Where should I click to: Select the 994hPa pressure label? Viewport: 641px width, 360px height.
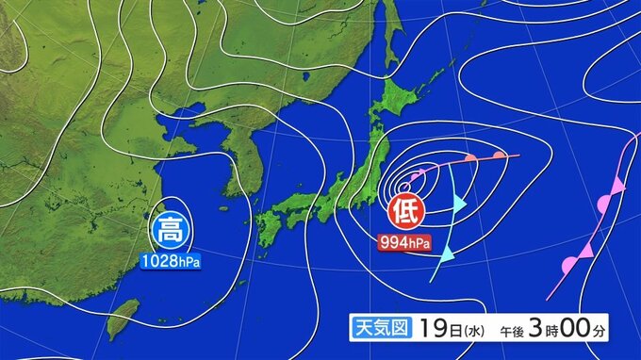(405, 243)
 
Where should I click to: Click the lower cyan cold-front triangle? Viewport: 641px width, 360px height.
(448, 252)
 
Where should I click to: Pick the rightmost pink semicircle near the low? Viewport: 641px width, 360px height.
(499, 153)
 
